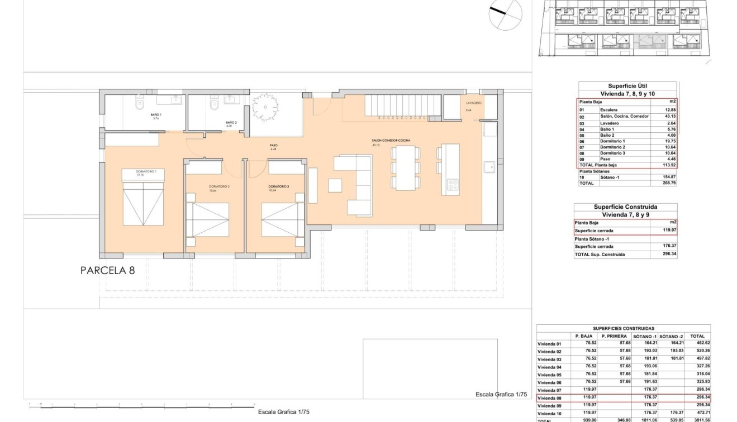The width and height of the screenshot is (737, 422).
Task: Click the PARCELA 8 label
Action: tap(107, 271)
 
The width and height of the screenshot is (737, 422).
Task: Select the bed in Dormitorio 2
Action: tap(210, 220)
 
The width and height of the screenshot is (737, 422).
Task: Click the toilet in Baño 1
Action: tap(139, 104)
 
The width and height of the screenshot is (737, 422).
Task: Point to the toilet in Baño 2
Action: tap(213, 104)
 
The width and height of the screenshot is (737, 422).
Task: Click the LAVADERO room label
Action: tap(474, 103)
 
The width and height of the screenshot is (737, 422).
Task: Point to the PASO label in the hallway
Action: tap(273, 145)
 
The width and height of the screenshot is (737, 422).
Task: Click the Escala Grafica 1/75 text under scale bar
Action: tap(284, 412)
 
